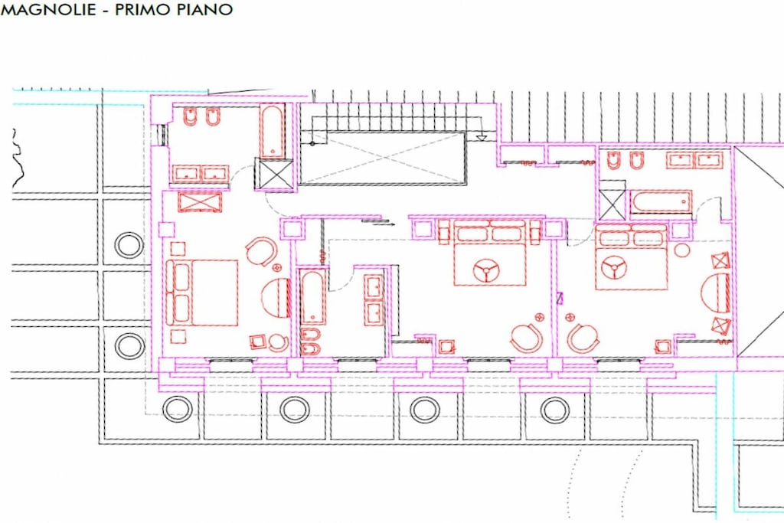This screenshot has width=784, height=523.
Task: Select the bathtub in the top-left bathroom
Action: point(273,131)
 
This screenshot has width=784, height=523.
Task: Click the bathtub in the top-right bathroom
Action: point(661,202)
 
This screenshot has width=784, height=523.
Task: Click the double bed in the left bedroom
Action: point(202,293)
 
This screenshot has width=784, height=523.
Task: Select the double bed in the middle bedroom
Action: point(490,253)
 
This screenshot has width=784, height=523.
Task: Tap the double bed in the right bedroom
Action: point(632,257)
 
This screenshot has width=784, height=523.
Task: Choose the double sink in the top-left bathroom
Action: point(201,174)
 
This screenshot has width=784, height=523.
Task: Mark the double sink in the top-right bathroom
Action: point(694,160)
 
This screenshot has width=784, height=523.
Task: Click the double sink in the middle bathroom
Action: point(374,300)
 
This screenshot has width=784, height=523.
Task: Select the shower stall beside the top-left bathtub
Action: point(273,174)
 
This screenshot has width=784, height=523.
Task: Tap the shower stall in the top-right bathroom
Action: point(612,204)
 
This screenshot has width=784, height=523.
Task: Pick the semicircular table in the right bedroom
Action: point(716,293)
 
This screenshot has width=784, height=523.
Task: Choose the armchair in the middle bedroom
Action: point(528,338)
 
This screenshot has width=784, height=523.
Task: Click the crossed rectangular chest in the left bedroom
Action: point(200,201)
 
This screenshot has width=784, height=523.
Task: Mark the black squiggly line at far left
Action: point(17,158)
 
